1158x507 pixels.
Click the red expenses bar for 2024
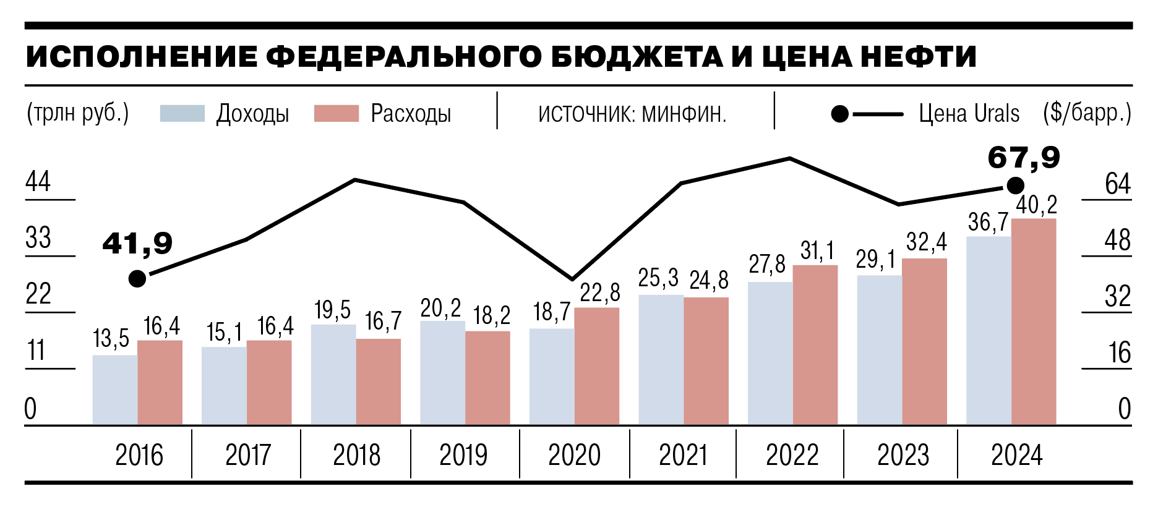coord(1033,322)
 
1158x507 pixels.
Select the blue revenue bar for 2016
coord(115,390)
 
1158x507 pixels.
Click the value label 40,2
coord(1037,205)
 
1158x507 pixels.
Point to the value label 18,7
coord(552,312)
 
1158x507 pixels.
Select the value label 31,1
coord(817,251)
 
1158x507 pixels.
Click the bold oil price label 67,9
coord(1024,158)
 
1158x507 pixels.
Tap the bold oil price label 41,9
coord(137,244)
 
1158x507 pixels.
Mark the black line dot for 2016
coord(137,279)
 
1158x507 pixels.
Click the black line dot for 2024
coord(1015,185)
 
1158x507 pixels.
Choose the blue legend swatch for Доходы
coord(182,114)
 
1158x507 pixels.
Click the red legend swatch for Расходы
coord(336,114)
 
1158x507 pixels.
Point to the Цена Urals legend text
coord(969,114)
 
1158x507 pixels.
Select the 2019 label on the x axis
coord(463,456)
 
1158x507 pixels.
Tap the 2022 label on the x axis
coord(792,456)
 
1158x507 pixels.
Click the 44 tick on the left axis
coord(38,182)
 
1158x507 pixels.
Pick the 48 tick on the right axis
coord(1117,241)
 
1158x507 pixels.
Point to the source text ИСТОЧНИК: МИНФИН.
coord(632,114)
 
